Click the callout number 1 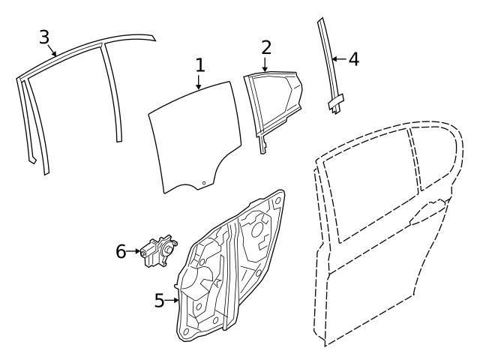coord(199,65)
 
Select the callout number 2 coord(266,46)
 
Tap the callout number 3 coord(45,36)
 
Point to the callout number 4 coord(353,58)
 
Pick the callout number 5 coord(159,301)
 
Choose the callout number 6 coord(121,251)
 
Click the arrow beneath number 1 coord(199,82)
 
